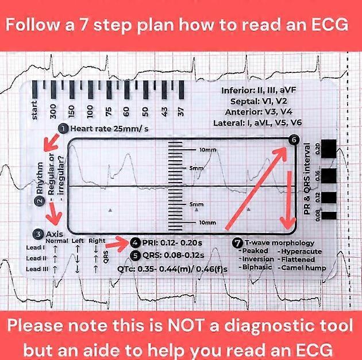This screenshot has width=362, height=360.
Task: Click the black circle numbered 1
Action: [63, 129]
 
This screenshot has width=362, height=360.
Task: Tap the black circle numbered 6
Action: [294, 140]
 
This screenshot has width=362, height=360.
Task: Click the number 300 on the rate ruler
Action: [53, 110]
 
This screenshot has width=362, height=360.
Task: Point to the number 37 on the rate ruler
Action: [181, 110]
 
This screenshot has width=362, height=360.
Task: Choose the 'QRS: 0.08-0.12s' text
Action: [179, 254]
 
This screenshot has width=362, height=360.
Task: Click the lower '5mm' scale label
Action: [197, 204]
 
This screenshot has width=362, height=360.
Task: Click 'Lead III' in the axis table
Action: [33, 268]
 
